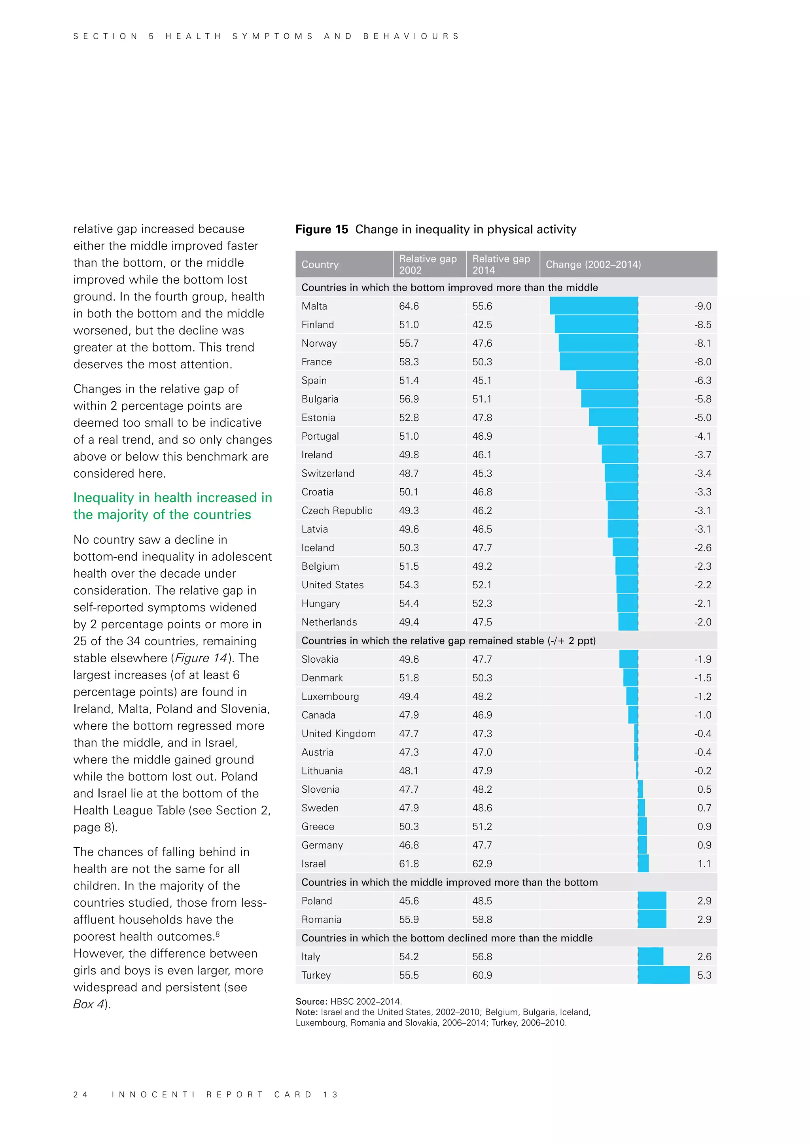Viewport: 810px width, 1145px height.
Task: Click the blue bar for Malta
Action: (594, 306)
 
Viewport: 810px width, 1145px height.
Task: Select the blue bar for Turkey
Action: (663, 975)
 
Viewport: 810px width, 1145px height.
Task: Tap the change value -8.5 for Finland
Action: (702, 325)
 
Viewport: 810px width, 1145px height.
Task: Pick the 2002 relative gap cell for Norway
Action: (409, 343)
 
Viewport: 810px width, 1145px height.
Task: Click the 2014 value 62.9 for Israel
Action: (482, 863)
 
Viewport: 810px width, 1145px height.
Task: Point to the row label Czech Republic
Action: (337, 510)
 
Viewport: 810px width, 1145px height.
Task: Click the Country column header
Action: (320, 265)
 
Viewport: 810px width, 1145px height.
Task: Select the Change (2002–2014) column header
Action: (593, 265)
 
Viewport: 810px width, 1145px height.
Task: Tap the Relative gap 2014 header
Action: (501, 265)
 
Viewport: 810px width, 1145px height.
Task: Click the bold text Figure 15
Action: (322, 229)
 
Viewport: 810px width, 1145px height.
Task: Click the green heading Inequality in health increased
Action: (172, 506)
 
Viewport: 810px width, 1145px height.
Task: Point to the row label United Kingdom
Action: (338, 733)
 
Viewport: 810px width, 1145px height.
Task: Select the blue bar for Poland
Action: (652, 901)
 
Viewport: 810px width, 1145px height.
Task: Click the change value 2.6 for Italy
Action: (704, 956)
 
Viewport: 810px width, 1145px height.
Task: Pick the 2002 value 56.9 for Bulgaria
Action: (409, 399)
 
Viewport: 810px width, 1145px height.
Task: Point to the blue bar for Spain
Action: (607, 380)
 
